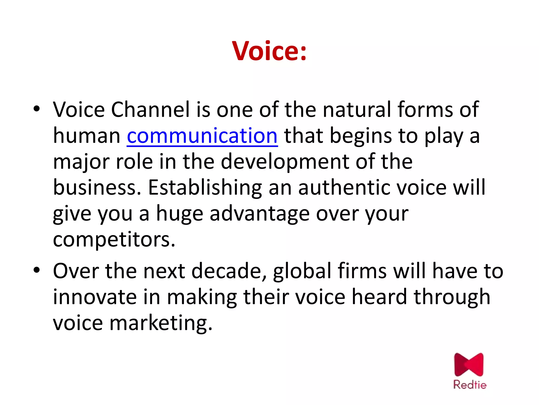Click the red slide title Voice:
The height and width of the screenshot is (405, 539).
[269, 51]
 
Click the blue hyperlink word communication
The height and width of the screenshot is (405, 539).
[202, 136]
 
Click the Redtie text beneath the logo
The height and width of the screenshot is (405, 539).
[470, 385]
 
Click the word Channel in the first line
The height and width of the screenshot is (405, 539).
[150, 109]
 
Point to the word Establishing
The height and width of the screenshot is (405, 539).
[205, 188]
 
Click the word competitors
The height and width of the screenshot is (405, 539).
[114, 239]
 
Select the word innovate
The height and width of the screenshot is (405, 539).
[95, 297]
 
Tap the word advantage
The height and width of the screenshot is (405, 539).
[259, 214]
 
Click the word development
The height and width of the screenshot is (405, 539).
[285, 162]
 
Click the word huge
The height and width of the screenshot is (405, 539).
[180, 214]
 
